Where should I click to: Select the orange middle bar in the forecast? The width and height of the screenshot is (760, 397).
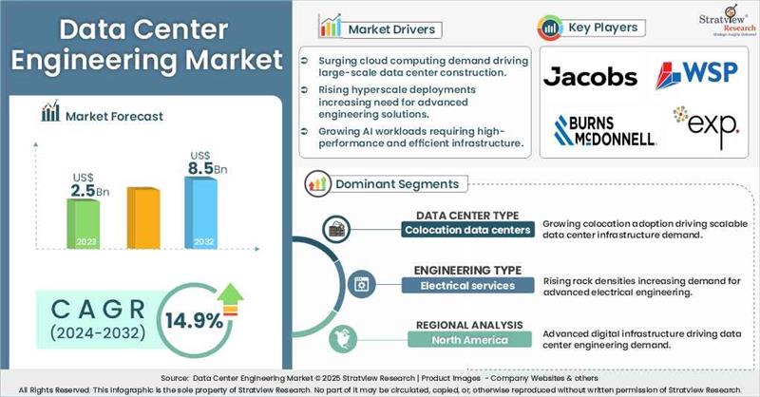[142, 217]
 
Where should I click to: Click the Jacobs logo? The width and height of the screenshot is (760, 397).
[590, 75]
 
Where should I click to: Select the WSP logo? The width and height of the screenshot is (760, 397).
[697, 74]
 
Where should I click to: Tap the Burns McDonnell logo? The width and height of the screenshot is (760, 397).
[605, 130]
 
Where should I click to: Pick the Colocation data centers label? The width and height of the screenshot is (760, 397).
[459, 229]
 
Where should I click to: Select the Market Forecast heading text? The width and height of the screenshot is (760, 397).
[114, 116]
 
